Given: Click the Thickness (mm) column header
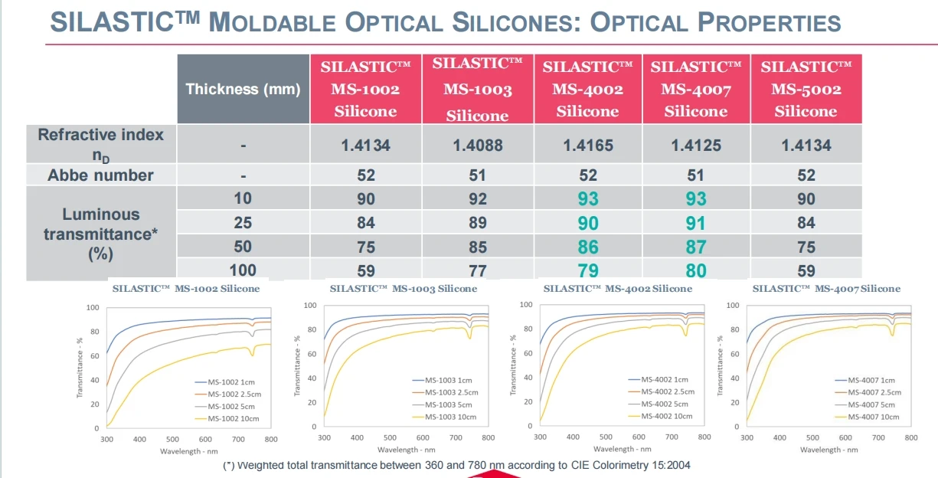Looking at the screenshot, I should click(243, 89).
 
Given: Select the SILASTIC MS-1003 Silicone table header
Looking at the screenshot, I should click(477, 90).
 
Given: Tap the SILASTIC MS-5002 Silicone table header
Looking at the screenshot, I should click(806, 89).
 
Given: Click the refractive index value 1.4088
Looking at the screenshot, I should click(477, 145).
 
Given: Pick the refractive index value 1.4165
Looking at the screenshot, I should click(587, 145).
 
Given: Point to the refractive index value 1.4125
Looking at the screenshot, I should click(695, 145).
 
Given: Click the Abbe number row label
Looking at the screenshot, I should click(100, 175).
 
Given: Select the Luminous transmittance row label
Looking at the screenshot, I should click(100, 234).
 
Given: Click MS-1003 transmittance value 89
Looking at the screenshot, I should click(477, 223).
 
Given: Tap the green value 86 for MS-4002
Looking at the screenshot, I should click(587, 247).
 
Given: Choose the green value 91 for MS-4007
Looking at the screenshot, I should click(695, 223).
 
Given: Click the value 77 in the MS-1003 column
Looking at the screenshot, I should click(477, 270).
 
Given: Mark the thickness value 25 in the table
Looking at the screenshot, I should click(243, 223).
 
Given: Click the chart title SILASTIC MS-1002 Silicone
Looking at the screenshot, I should click(186, 289).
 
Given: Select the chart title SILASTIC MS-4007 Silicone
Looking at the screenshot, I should click(826, 289).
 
